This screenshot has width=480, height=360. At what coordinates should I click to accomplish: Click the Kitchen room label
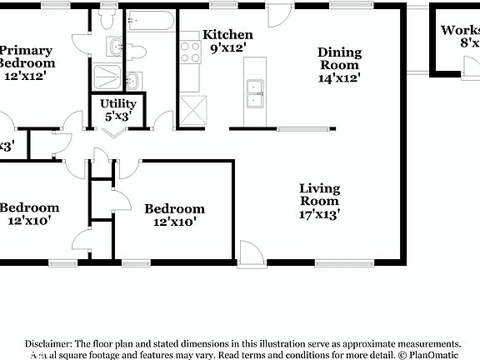click(228, 35)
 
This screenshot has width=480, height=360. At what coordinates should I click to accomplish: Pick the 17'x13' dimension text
click(319, 213)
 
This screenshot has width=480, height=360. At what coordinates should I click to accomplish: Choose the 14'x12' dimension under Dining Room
click(339, 77)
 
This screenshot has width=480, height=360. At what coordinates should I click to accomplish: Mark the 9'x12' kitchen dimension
click(228, 48)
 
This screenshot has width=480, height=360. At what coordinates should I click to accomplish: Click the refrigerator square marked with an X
click(193, 109)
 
